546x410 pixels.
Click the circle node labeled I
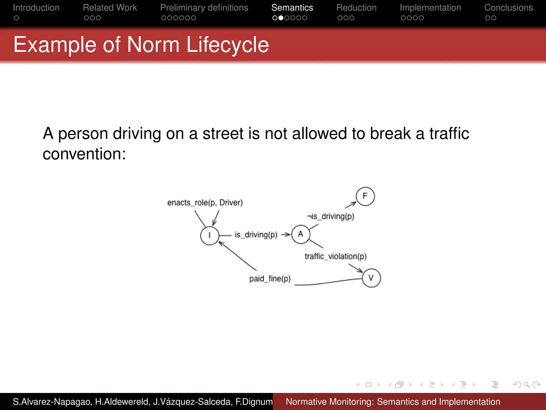click(210, 235)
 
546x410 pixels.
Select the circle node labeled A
click(301, 234)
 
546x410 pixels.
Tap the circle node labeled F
click(365, 196)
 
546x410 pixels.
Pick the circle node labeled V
click(371, 278)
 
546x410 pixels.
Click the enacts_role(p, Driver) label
click(205, 203)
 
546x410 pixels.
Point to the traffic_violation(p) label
click(335, 257)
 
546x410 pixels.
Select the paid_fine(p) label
click(270, 279)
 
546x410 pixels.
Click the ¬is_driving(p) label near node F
click(331, 216)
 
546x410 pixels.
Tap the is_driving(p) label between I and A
click(256, 235)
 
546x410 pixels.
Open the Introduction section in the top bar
click(36, 8)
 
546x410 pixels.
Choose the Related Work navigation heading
click(110, 8)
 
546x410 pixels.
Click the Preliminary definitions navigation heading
click(204, 8)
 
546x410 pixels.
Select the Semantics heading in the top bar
click(292, 8)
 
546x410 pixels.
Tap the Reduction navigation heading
click(356, 8)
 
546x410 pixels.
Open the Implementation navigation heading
click(430, 8)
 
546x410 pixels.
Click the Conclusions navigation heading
click(508, 8)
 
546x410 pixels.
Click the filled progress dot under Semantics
click(281, 18)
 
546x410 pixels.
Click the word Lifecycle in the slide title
click(227, 45)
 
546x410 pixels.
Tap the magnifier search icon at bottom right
click(527, 385)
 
